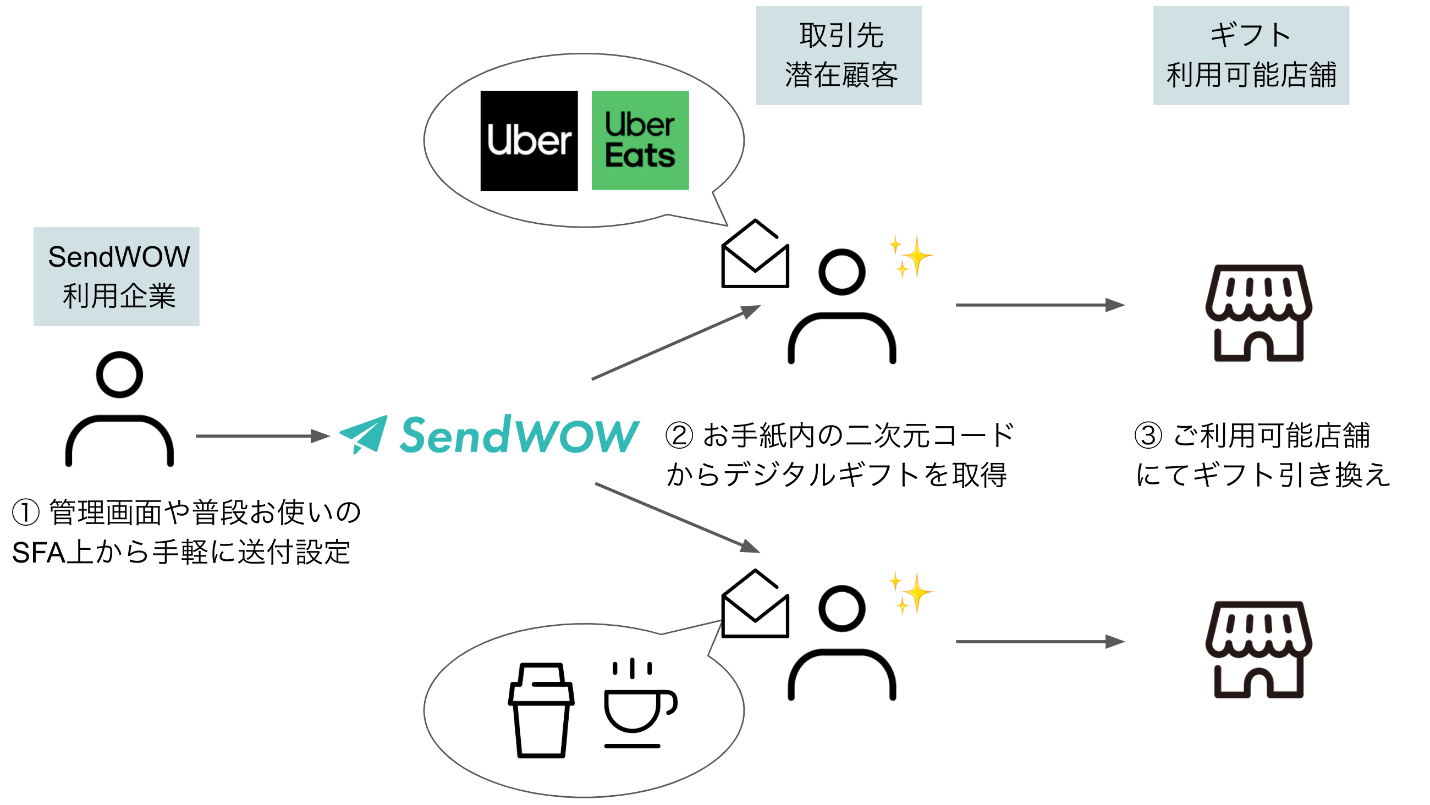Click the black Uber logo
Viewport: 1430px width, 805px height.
click(529, 140)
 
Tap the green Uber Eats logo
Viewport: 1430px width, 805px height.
click(640, 140)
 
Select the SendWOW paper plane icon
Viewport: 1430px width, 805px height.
click(364, 434)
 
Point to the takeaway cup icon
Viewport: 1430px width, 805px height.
click(541, 710)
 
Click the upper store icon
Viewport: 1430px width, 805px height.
click(1258, 313)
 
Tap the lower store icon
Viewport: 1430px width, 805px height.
click(1258, 649)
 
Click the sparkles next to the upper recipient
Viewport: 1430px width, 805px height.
click(911, 256)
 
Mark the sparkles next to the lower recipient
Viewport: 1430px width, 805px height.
click(911, 592)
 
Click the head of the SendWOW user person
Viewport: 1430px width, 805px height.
click(119, 375)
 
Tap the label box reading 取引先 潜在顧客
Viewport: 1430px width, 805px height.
click(838, 56)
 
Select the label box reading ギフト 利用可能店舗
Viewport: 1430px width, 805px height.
click(1251, 56)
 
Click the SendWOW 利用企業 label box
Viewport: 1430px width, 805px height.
click(116, 276)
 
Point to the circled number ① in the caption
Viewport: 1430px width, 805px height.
click(25, 512)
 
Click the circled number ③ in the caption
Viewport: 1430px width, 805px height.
click(1148, 435)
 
